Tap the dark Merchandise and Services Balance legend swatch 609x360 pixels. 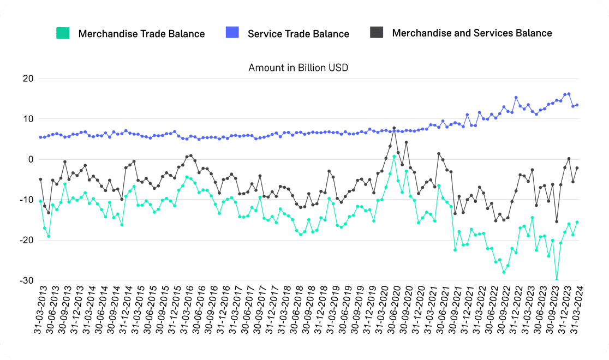377,33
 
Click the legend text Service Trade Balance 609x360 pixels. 298,34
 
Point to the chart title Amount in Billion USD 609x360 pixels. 298,68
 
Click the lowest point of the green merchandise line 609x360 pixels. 557,280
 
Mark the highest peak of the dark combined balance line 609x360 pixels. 394,128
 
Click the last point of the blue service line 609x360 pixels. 577,105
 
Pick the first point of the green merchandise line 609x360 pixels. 40,202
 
